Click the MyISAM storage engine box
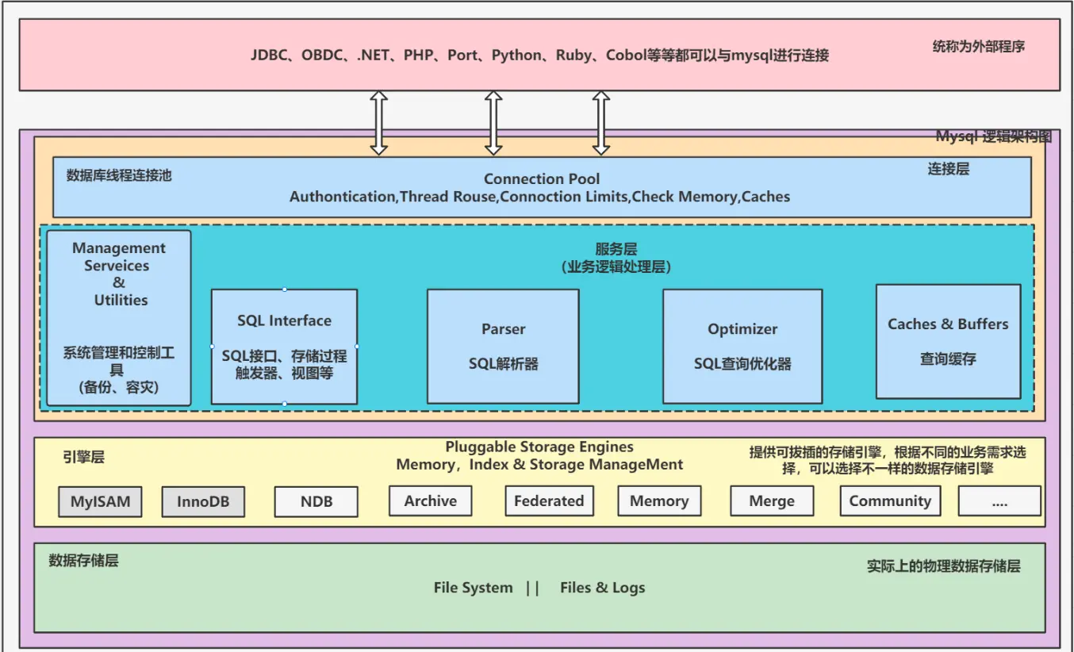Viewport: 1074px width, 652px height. pyautogui.click(x=100, y=502)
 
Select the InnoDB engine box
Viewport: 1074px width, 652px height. pyautogui.click(x=203, y=502)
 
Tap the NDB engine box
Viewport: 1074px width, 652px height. pyautogui.click(x=316, y=502)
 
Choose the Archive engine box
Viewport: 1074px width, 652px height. pyautogui.click(x=430, y=501)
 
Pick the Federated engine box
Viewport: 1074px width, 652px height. pyautogui.click(x=548, y=501)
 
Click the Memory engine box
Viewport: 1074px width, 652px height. pyautogui.click(x=658, y=501)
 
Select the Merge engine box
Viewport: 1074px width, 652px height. pyautogui.click(x=771, y=501)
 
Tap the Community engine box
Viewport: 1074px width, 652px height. pyautogui.click(x=890, y=501)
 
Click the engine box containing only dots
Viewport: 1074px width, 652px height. pyautogui.click(x=999, y=501)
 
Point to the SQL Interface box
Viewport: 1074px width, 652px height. pyautogui.click(x=284, y=347)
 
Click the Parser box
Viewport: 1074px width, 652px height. pyautogui.click(x=503, y=346)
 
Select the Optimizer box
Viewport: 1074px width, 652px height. pyautogui.click(x=742, y=346)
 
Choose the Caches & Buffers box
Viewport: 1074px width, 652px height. pyautogui.click(x=948, y=341)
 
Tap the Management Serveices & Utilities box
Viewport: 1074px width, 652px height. pyautogui.click(x=119, y=317)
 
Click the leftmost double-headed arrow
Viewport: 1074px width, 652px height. pyautogui.click(x=379, y=122)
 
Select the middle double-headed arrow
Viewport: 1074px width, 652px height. pyautogui.click(x=493, y=122)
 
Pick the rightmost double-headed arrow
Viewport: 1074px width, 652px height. pyautogui.click(x=601, y=122)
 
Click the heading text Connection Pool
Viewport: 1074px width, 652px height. pyautogui.click(x=542, y=179)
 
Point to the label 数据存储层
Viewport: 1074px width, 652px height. pyautogui.click(x=83, y=561)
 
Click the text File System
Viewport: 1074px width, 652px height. pyautogui.click(x=473, y=588)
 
